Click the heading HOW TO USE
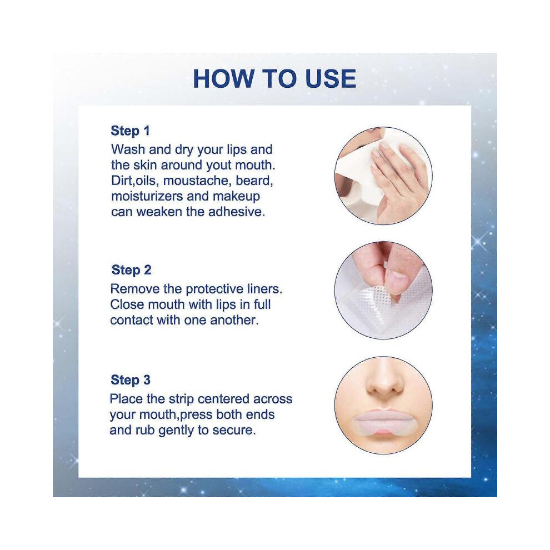274,79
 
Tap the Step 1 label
130,131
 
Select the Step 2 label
131,270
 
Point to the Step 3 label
131,380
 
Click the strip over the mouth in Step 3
383,424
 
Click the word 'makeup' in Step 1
237,197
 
